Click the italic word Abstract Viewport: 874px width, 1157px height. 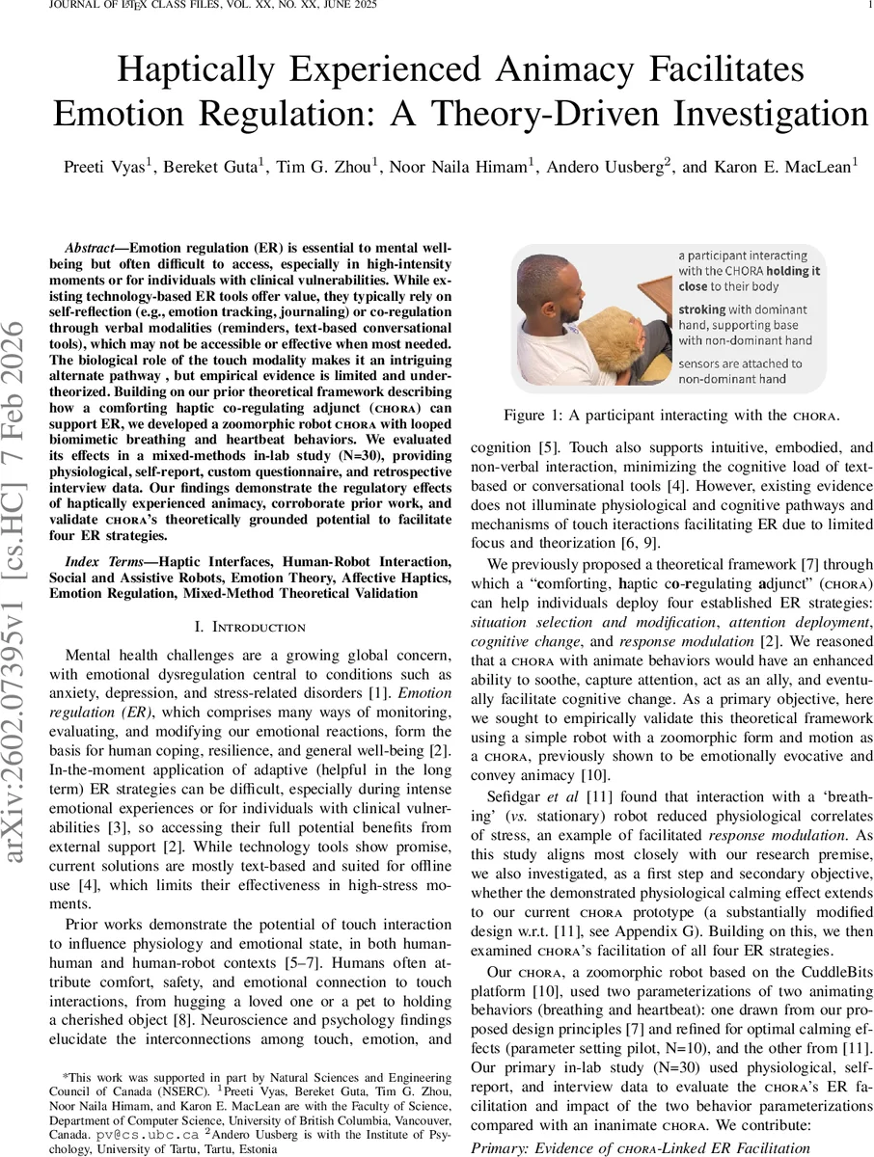click(x=88, y=247)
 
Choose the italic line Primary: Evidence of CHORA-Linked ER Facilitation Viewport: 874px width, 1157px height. click(x=639, y=1147)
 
